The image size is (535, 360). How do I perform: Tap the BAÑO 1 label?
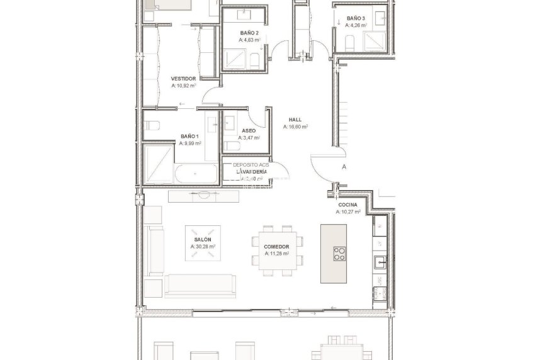[189, 136]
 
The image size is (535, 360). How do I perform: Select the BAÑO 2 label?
[249, 32]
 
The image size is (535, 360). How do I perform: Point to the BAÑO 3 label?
[355, 18]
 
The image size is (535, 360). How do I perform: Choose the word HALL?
[295, 119]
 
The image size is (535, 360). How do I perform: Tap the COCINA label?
[347, 205]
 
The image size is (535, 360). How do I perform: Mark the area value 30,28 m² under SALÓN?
[203, 247]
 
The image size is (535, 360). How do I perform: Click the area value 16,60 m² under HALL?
[295, 127]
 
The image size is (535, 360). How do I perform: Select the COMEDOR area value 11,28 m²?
[276, 254]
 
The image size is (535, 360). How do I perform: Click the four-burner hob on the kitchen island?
[339, 254]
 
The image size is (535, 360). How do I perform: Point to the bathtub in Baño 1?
[188, 174]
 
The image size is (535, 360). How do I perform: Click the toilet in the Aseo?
[230, 147]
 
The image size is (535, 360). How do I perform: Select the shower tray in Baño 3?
[378, 42]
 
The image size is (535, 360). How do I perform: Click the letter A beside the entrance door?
[344, 167]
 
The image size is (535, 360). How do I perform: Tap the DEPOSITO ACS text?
[251, 165]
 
